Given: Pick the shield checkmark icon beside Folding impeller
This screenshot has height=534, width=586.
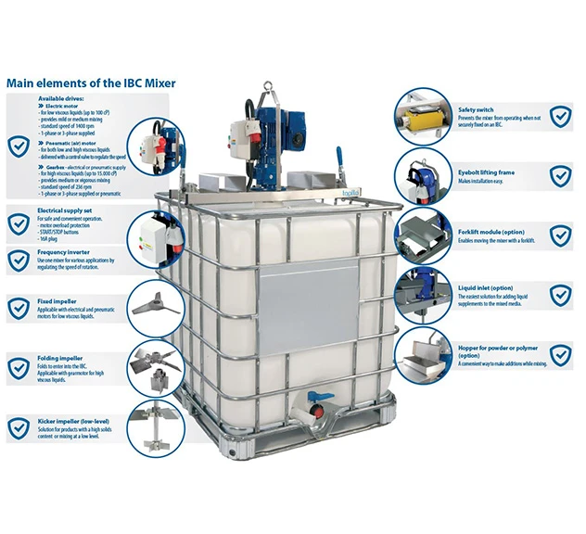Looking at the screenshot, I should click(19, 367).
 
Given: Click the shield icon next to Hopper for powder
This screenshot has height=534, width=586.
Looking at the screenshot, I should click(560, 356).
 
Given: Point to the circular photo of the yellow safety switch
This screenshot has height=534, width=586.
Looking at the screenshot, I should click(424, 117).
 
